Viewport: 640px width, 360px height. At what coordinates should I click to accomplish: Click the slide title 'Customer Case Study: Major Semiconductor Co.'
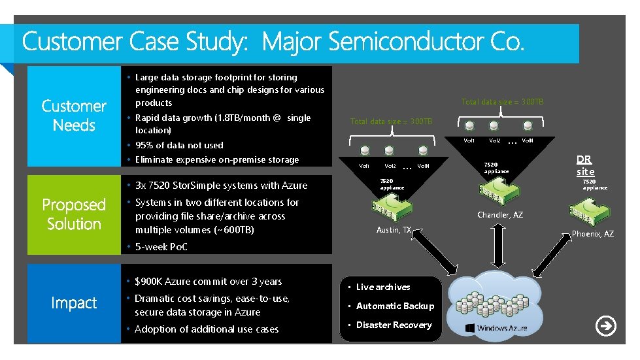(273, 43)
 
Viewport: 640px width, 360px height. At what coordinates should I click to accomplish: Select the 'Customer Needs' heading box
(74, 116)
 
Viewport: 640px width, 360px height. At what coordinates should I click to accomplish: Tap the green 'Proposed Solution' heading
(74, 214)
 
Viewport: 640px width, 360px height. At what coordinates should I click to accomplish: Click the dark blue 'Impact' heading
(74, 303)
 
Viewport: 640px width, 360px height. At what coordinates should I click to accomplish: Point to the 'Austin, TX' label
(394, 230)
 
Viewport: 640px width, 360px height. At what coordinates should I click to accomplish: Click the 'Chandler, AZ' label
(500, 215)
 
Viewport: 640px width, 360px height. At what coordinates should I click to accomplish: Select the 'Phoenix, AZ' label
(592, 234)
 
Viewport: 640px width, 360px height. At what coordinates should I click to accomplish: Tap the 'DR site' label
(585, 165)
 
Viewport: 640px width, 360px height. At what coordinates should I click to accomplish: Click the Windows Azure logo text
(501, 327)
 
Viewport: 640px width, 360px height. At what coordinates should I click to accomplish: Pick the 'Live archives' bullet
(383, 287)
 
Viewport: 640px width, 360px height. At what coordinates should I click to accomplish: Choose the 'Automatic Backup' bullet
(395, 306)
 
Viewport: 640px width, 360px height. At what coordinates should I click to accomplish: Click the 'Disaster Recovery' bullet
(394, 325)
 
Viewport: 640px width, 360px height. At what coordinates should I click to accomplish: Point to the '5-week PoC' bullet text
(161, 247)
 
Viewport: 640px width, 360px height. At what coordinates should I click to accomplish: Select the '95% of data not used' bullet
(178, 145)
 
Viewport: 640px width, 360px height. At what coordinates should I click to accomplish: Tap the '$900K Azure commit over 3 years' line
(208, 282)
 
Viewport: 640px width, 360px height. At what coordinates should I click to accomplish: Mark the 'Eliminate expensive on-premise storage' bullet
(216, 159)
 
